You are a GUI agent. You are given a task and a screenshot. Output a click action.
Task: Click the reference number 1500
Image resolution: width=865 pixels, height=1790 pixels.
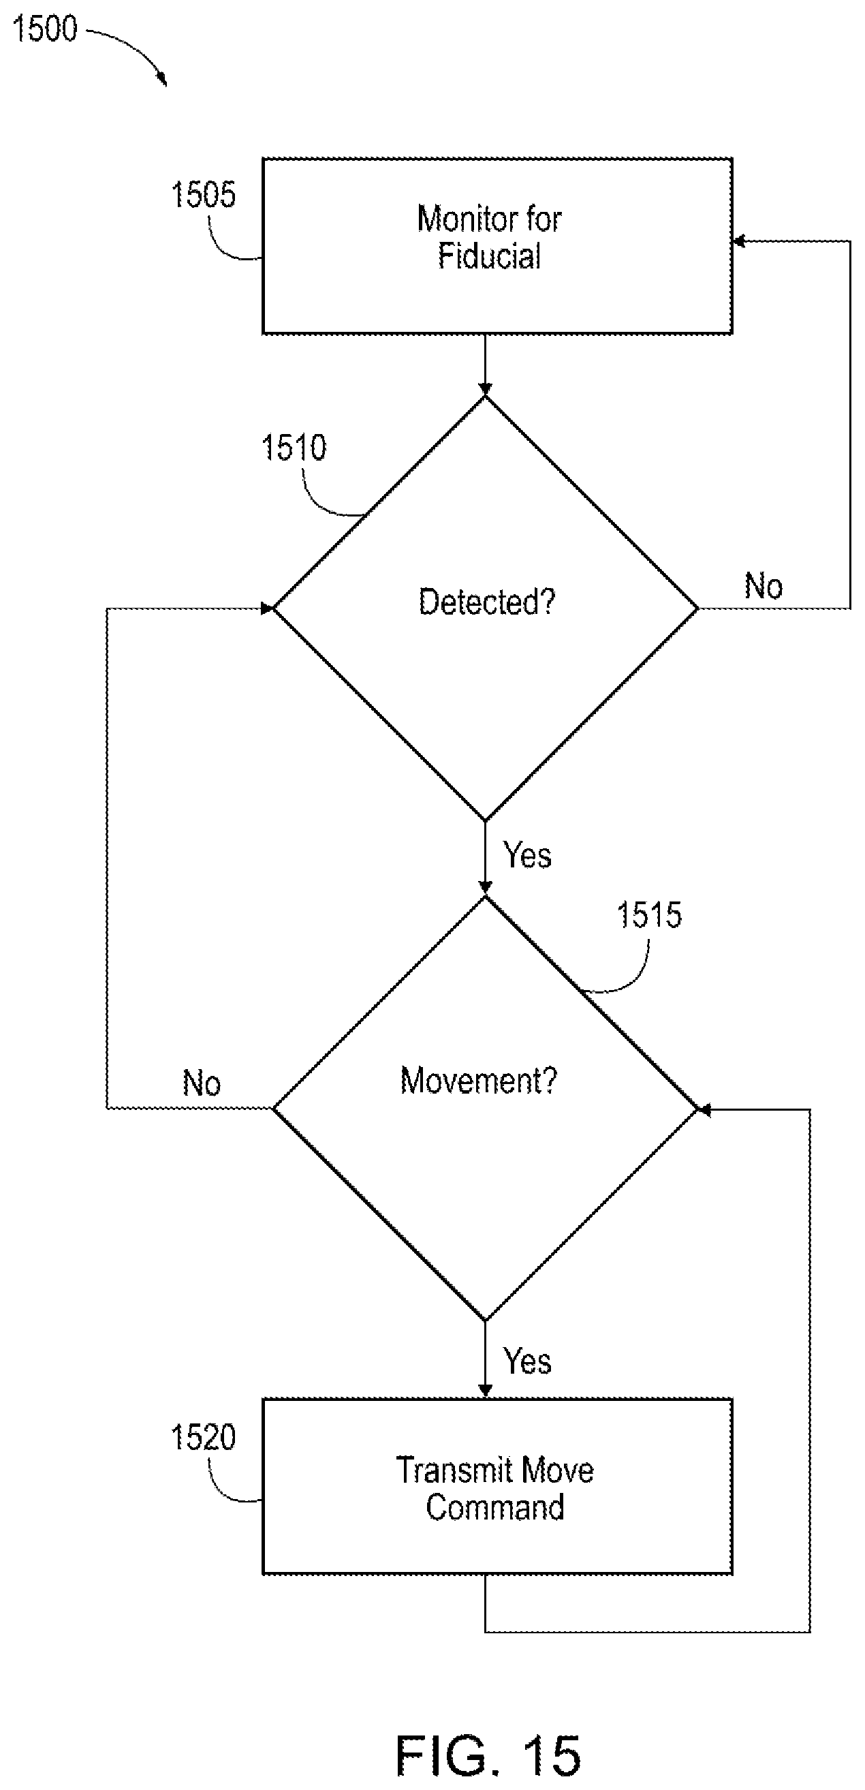click(x=45, y=29)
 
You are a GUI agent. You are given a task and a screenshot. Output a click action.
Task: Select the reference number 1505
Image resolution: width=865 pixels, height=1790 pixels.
click(x=204, y=195)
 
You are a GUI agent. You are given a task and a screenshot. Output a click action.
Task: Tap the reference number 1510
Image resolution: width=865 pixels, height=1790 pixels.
click(x=294, y=448)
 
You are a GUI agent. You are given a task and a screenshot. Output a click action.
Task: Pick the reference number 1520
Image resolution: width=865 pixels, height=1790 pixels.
click(x=204, y=1437)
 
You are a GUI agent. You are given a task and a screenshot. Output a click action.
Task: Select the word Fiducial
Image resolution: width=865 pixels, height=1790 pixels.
click(x=489, y=256)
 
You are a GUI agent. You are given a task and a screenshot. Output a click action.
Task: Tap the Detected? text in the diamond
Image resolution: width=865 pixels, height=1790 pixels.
click(x=487, y=602)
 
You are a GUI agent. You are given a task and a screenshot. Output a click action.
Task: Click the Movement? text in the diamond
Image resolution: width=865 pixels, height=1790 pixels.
click(x=479, y=1081)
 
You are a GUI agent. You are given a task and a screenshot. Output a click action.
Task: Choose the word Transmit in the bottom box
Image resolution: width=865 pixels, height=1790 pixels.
click(x=455, y=1470)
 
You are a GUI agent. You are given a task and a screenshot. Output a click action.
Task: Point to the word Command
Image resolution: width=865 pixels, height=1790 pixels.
click(x=495, y=1507)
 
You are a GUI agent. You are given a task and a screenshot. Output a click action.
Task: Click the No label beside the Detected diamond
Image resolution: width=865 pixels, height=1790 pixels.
click(x=764, y=587)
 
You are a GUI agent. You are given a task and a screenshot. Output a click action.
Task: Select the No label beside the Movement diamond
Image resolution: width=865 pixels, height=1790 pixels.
click(x=202, y=1083)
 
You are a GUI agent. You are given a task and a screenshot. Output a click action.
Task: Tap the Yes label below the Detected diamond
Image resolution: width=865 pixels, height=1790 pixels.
click(x=527, y=854)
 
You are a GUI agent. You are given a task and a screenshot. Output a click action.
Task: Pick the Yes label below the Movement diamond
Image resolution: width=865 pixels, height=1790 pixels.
click(x=527, y=1361)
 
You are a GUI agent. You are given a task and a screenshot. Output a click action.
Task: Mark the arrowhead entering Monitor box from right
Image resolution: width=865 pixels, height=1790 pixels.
click(x=739, y=241)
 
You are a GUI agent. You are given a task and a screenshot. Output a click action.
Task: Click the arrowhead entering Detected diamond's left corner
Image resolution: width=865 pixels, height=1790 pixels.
click(x=267, y=608)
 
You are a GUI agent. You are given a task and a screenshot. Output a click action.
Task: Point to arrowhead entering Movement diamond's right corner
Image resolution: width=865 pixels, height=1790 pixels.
click(x=703, y=1110)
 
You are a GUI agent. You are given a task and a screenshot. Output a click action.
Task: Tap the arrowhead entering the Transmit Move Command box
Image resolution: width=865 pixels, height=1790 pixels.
click(x=485, y=1391)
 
